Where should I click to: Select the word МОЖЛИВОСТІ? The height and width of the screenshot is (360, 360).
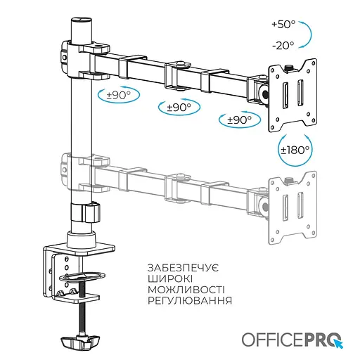(x=186, y=290)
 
